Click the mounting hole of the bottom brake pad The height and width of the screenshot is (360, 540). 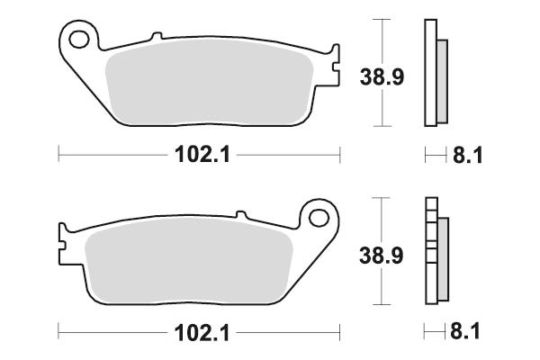click(x=319, y=219)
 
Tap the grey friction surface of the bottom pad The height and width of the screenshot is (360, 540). click(x=189, y=261)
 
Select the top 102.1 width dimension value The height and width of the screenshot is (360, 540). click(x=199, y=156)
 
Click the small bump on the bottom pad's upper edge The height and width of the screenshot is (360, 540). click(x=240, y=215)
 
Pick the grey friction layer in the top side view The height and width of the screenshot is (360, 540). click(x=442, y=80)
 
